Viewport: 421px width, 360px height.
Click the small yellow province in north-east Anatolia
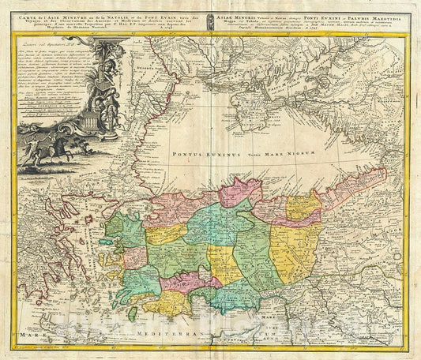tap(303, 208)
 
